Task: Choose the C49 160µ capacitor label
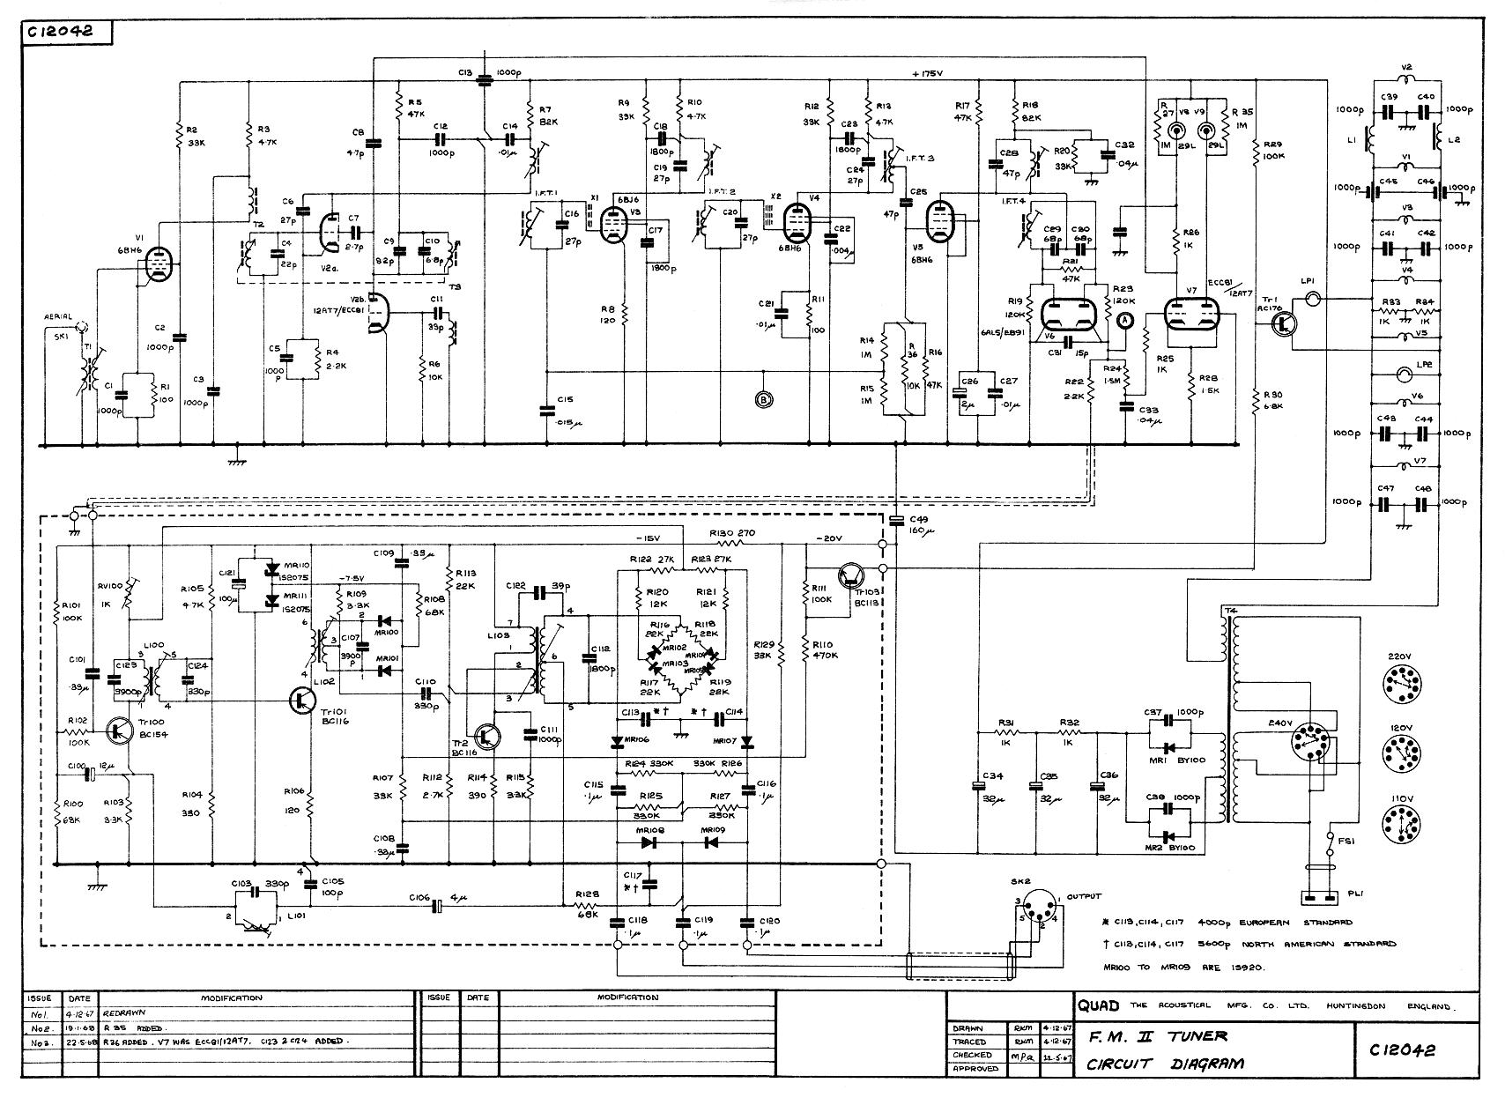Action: [x=919, y=524]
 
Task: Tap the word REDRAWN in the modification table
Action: [x=130, y=1014]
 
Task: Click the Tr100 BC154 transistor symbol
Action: [x=120, y=731]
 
